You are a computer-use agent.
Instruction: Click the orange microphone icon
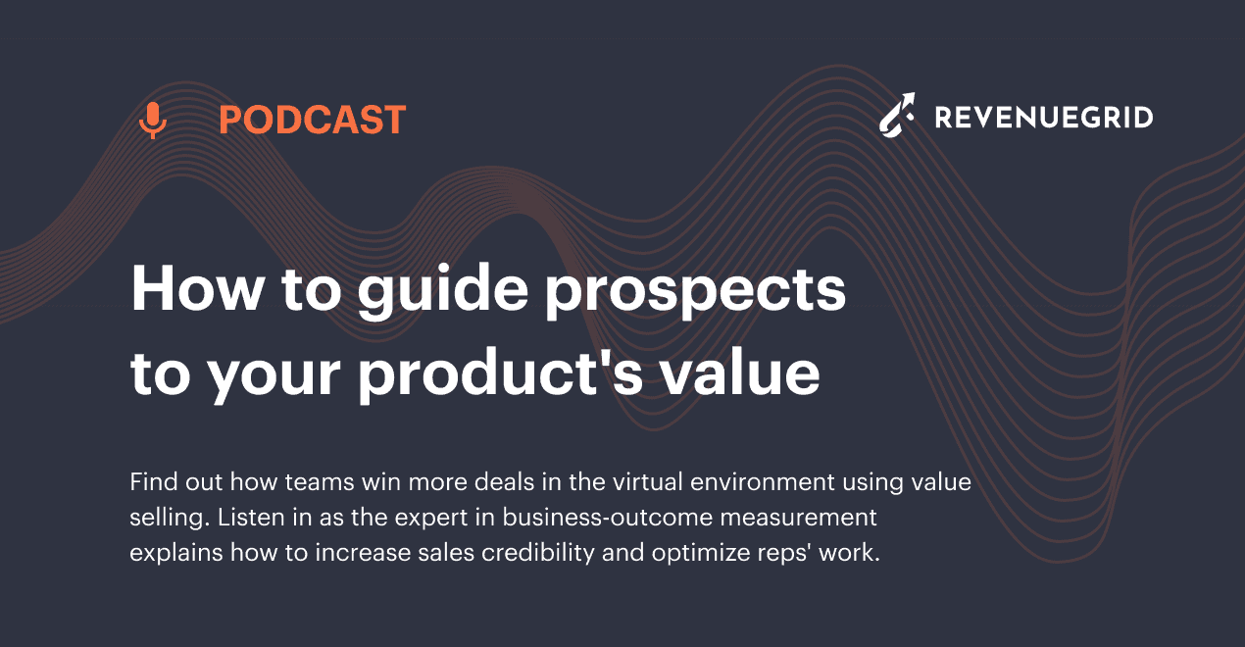[x=152, y=121]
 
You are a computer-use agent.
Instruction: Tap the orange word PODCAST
[x=312, y=121]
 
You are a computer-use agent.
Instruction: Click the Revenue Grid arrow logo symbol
[x=897, y=116]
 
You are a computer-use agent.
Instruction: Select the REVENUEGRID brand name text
[x=1043, y=119]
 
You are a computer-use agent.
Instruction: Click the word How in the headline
[x=191, y=290]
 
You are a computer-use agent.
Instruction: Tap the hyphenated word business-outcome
[x=569, y=517]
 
